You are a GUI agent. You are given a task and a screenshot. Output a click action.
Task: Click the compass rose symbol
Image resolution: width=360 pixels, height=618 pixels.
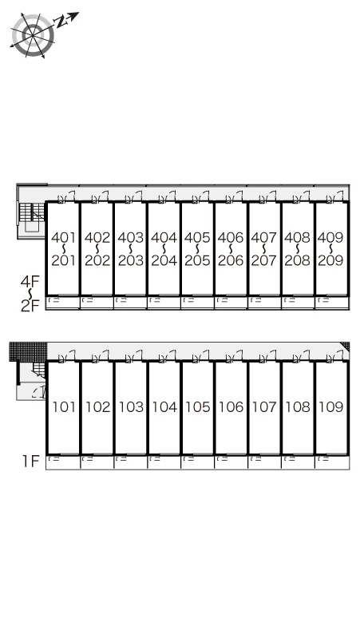33,35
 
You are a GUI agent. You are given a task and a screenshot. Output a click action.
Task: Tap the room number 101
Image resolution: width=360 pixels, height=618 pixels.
64,406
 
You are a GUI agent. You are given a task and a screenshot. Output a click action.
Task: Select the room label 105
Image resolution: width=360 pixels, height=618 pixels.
197,406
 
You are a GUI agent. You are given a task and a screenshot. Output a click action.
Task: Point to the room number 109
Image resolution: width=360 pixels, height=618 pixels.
330,406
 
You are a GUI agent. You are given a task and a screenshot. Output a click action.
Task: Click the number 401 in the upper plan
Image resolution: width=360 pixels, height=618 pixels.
64,237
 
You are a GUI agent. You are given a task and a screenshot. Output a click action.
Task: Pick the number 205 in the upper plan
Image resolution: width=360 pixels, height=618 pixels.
197,260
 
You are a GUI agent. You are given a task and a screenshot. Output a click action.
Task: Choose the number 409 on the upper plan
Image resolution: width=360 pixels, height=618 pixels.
330,237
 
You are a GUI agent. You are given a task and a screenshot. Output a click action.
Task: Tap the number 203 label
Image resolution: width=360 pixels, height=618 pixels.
130,260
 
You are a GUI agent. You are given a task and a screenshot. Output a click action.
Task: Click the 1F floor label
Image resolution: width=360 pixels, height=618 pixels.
30,461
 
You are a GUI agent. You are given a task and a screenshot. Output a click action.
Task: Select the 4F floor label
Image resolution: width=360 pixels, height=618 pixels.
30,281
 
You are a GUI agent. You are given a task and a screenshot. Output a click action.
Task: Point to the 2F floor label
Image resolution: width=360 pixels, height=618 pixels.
30,306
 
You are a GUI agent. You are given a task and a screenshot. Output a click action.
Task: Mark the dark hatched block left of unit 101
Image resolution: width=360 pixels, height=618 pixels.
28,351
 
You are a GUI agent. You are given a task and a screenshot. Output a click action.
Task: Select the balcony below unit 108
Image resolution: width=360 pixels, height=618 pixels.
299,462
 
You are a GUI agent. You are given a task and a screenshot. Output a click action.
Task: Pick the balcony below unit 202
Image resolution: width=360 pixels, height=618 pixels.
97,303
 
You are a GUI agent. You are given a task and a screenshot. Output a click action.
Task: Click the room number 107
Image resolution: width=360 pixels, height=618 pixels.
264,406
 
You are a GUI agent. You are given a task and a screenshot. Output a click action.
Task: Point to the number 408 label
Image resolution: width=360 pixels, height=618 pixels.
298,237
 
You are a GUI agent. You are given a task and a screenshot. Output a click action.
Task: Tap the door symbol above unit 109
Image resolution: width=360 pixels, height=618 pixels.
334,355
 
